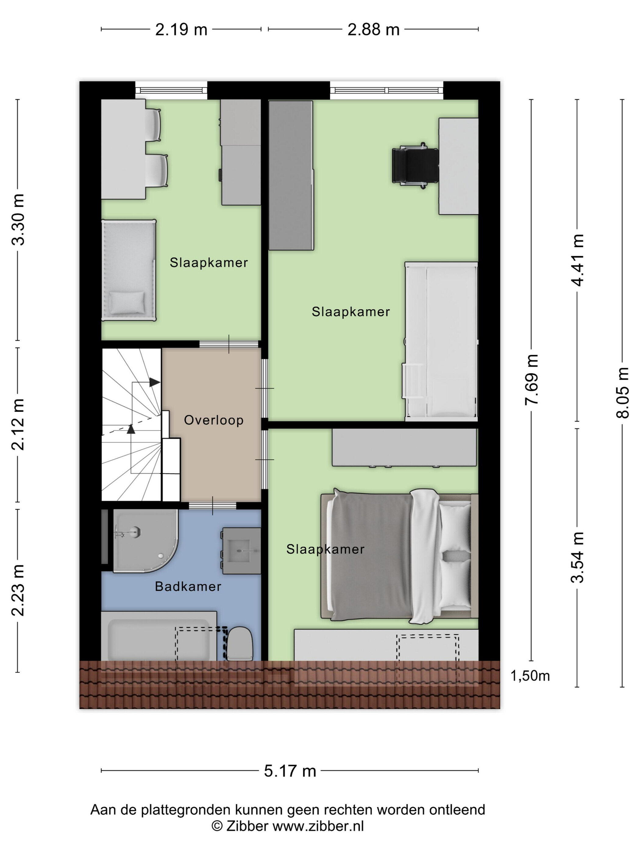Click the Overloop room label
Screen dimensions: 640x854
213,420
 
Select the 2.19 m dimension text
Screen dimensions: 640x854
181,29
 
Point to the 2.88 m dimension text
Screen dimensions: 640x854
373,29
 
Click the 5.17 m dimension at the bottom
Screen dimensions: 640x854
290,771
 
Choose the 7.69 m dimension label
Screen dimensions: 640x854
531,379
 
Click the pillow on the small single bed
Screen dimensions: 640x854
127,302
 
